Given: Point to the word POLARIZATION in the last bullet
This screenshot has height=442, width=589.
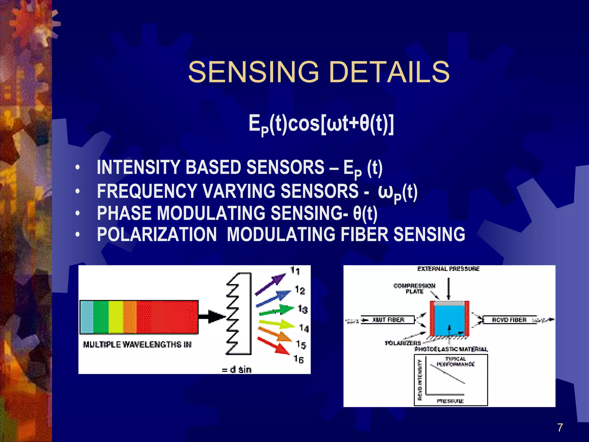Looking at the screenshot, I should (x=157, y=234).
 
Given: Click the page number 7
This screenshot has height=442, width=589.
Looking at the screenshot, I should (x=560, y=428).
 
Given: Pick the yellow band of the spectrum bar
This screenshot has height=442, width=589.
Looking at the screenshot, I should (x=116, y=317).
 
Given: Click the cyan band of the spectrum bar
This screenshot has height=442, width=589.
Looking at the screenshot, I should (x=86, y=317).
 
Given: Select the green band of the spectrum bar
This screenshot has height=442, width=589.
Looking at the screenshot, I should (x=101, y=317).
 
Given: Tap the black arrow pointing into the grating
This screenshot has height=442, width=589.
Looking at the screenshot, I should (x=211, y=317).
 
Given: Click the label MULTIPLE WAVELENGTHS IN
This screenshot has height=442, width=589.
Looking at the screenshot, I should (x=137, y=344).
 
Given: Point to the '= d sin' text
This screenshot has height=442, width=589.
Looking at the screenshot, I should (x=237, y=370).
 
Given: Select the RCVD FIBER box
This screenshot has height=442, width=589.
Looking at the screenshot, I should (x=509, y=320).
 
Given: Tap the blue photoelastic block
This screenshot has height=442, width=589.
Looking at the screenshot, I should (x=449, y=319).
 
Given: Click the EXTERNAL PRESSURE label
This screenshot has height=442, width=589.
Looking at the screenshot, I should (x=448, y=269).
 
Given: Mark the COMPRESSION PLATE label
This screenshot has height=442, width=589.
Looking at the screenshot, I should (x=414, y=289).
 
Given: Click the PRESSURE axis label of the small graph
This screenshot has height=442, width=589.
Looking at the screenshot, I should (x=450, y=401).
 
